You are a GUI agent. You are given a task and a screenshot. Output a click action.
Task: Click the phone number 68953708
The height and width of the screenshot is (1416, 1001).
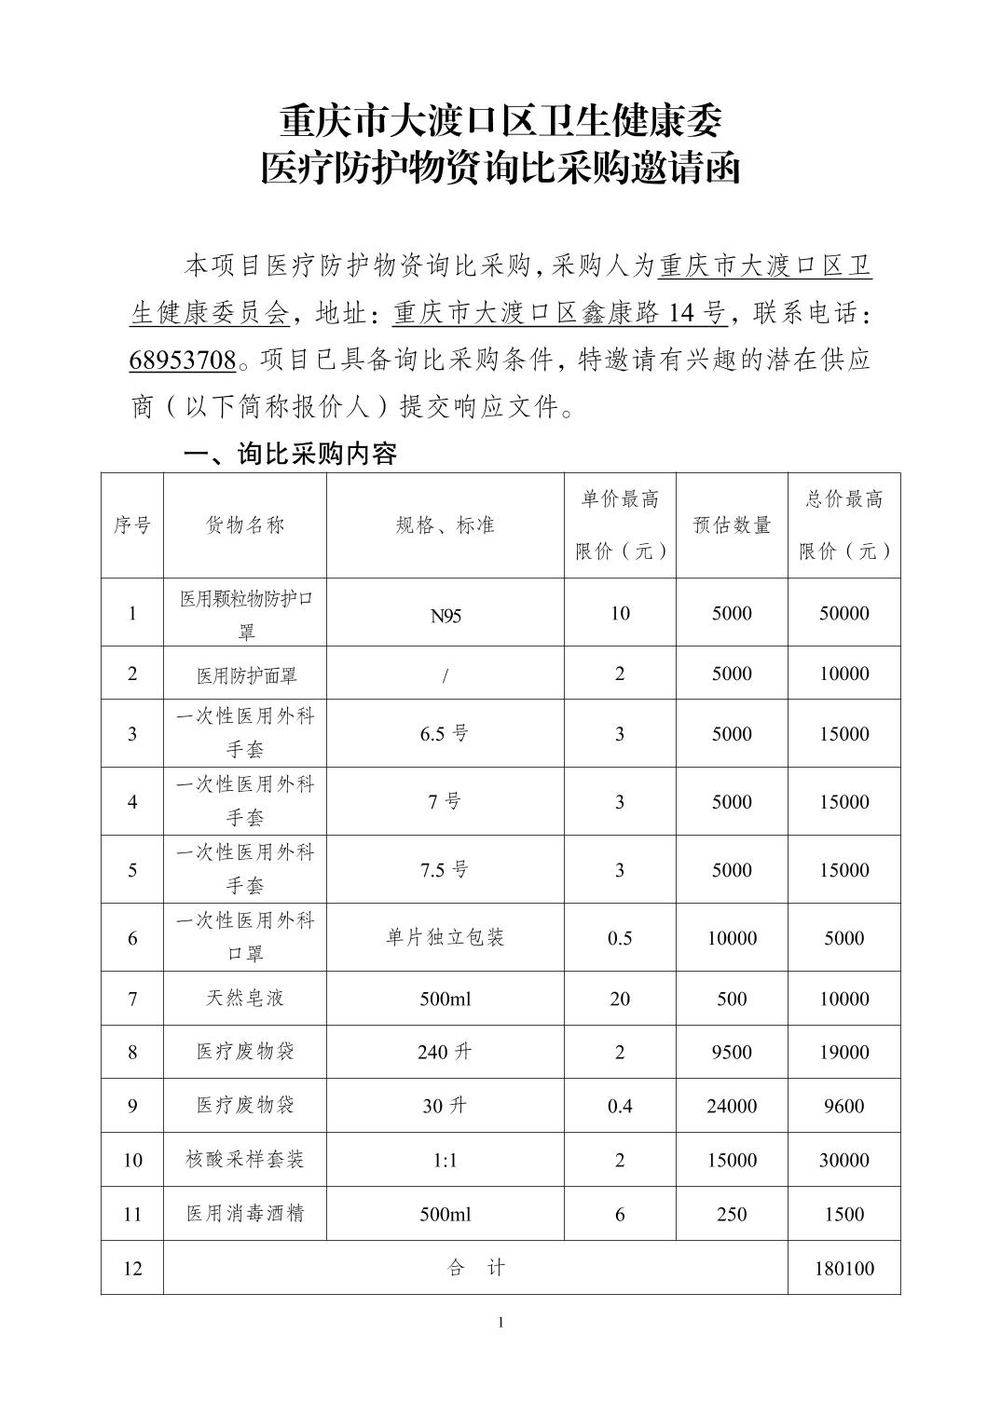183,360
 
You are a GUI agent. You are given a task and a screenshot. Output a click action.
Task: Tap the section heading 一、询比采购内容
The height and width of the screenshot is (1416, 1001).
291,454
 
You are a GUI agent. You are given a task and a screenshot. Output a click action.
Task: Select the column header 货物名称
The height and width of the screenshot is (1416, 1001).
245,525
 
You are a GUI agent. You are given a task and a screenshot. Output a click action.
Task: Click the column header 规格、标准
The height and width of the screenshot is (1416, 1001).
446,525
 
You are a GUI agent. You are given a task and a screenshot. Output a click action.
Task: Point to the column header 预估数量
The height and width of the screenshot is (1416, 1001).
732,525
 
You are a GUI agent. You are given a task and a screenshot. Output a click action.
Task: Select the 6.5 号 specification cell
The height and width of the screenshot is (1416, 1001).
445,734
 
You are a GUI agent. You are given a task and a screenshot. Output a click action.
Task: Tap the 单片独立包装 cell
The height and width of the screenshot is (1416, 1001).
446,938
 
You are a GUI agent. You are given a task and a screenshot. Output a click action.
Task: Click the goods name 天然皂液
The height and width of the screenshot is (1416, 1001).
245,999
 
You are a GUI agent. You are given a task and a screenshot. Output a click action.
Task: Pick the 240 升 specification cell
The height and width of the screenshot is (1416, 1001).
446,1053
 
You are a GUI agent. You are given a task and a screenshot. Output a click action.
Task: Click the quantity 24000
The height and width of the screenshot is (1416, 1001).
732,1107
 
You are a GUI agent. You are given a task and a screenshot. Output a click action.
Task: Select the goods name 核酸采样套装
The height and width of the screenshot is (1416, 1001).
245,1160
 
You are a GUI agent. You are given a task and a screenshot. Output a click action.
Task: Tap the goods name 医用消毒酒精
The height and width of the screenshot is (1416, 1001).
245,1214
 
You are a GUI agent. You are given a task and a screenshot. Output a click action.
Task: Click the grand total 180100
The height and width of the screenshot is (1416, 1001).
844,1268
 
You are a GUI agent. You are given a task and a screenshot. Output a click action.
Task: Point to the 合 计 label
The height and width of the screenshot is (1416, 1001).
476,1268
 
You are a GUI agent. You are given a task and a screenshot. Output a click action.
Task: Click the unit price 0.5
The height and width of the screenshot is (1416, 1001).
620,938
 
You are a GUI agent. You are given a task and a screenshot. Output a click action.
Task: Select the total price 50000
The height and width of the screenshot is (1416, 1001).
844,613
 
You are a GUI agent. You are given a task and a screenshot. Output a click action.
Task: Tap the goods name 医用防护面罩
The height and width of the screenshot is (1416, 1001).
245,674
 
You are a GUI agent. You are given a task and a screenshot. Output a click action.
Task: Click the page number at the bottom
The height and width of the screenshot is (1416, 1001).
501,1322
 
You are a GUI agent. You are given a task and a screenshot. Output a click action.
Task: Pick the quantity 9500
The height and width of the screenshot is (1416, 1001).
732,1053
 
